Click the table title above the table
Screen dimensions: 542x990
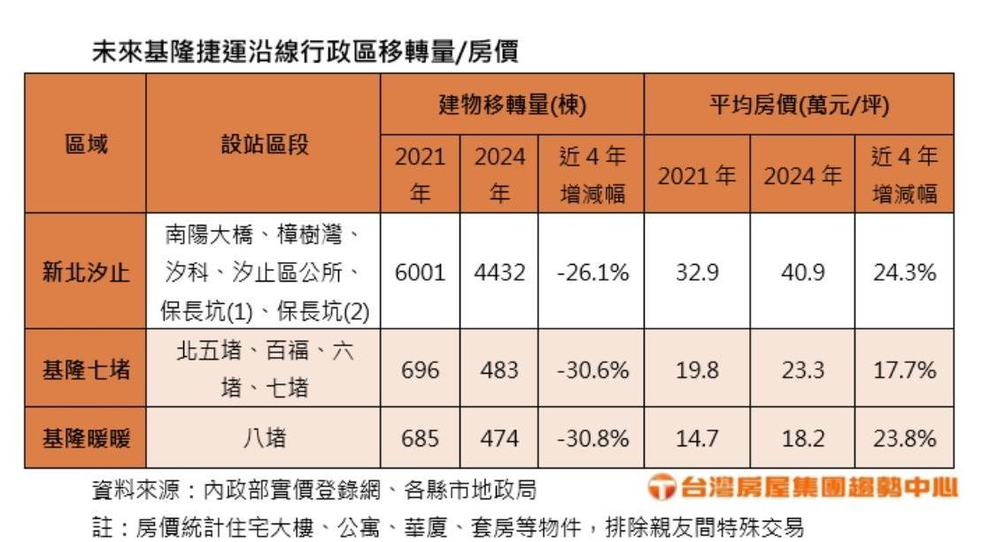click(306, 52)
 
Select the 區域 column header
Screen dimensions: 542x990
click(86, 144)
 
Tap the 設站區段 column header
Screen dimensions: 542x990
click(264, 144)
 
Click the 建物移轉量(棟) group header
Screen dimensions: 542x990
click(513, 105)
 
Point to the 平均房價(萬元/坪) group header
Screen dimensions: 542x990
click(800, 105)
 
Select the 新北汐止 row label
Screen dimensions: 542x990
click(86, 272)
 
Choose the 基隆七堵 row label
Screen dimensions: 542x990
click(86, 368)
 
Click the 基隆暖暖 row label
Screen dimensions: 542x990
click(86, 437)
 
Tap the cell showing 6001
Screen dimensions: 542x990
click(420, 272)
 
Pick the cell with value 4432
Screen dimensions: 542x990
click(499, 272)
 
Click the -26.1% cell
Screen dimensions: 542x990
click(592, 272)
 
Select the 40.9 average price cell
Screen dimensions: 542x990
click(802, 272)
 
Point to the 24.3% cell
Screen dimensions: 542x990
click(904, 272)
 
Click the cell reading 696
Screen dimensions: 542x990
click(420, 368)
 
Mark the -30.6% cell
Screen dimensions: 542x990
click(592, 368)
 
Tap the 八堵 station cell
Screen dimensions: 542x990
click(264, 437)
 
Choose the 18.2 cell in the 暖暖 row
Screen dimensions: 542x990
click(802, 437)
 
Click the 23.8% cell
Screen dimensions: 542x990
click(904, 437)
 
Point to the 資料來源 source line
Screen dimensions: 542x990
click(314, 489)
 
